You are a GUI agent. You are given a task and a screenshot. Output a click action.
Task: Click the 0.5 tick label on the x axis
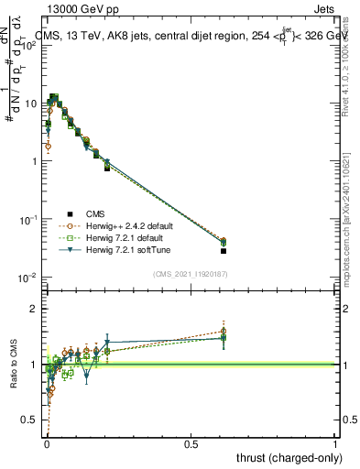point(191,443)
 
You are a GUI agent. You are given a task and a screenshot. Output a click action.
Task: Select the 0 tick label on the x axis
point(47,443)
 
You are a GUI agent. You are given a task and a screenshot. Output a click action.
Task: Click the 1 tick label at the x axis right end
point(335,443)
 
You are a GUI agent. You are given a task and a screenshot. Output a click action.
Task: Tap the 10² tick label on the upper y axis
point(29,45)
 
